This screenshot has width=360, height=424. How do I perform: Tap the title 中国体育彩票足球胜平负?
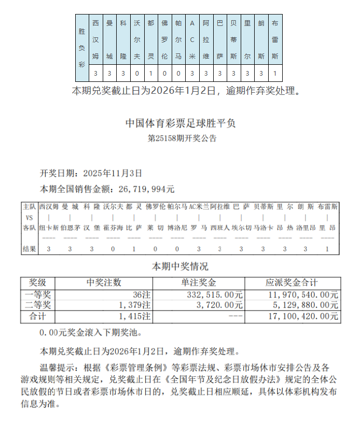click(x=181, y=124)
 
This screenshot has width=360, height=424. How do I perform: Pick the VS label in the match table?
click(x=30, y=217)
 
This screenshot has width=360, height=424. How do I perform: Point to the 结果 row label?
click(x=30, y=249)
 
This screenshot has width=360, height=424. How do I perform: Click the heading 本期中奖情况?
click(x=180, y=267)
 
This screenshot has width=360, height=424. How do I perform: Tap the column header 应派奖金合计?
click(x=292, y=282)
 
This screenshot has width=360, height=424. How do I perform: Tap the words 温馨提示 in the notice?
click(x=57, y=368)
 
